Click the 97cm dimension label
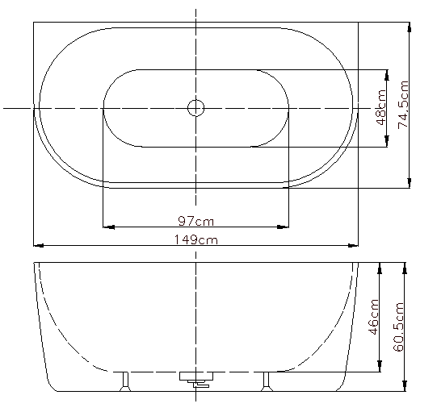pyautogui.click(x=196, y=222)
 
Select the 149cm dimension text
pyautogui.click(x=196, y=239)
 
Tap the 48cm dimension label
pyautogui.click(x=381, y=107)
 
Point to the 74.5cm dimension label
pyautogui.click(x=403, y=105)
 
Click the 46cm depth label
pyautogui.click(x=373, y=317)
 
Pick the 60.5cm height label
pyautogui.click(x=398, y=327)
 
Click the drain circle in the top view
pyautogui.click(x=196, y=108)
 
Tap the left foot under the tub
pyautogui.click(x=125, y=381)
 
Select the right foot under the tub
pyautogui.click(x=267, y=381)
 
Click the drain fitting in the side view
pyautogui.click(x=196, y=379)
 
